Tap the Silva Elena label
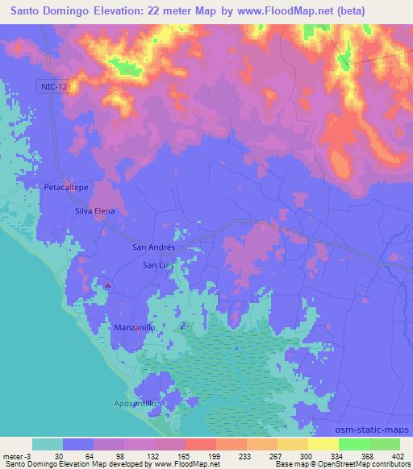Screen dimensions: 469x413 95,211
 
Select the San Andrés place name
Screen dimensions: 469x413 153,247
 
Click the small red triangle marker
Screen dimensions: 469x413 108,284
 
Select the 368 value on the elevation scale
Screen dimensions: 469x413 369,456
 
